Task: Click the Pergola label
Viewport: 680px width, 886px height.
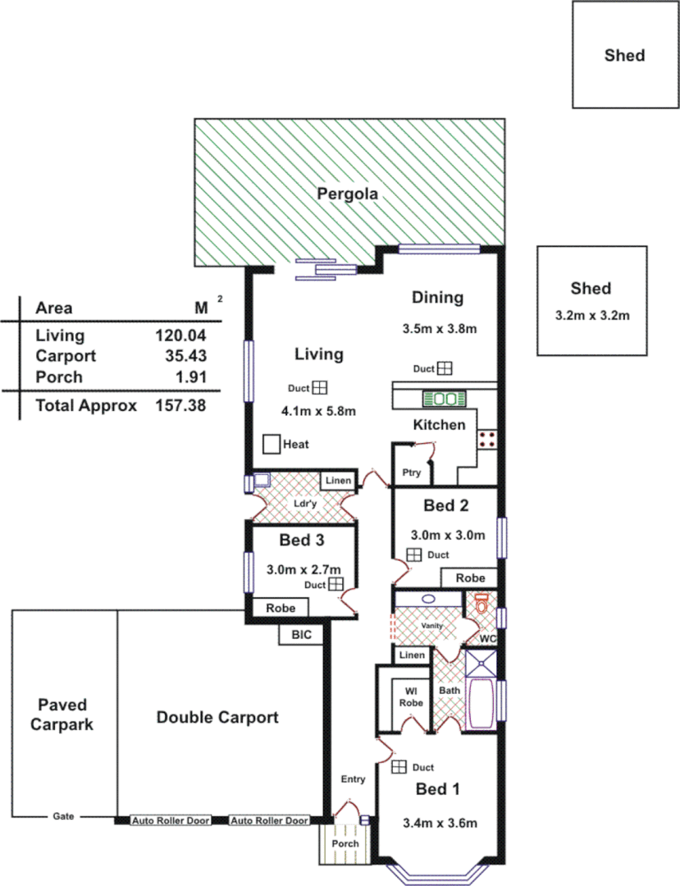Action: (x=349, y=194)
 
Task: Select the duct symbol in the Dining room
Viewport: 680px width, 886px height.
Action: (x=445, y=368)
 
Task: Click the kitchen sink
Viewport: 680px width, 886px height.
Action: (x=444, y=400)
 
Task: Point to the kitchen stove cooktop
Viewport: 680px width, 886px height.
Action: (x=487, y=438)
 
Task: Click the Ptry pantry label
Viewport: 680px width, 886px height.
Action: (x=410, y=473)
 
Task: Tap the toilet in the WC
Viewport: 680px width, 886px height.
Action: (x=481, y=605)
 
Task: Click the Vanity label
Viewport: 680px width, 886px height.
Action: (x=432, y=626)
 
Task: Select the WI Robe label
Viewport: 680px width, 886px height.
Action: (x=411, y=696)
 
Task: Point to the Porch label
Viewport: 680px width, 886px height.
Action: (x=345, y=843)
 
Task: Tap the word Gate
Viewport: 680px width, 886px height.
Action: (x=63, y=816)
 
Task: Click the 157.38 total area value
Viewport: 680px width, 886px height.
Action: (x=180, y=405)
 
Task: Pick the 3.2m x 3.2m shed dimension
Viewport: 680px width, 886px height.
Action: (x=591, y=313)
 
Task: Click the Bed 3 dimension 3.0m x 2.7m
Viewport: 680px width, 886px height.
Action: (x=303, y=569)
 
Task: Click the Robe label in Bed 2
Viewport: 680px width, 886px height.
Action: (x=470, y=578)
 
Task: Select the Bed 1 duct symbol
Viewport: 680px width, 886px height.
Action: (x=399, y=767)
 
